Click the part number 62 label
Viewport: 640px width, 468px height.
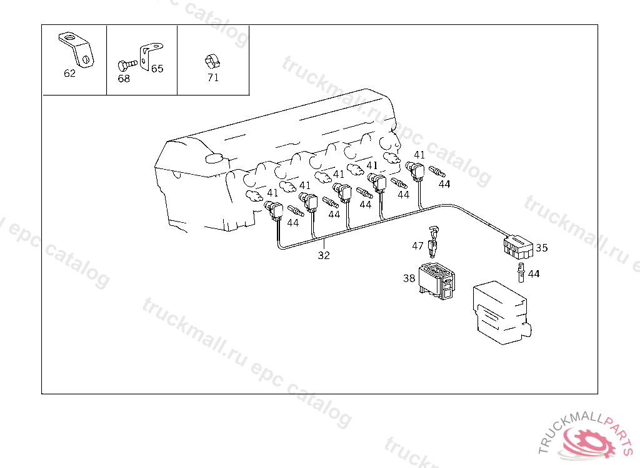pos(69,74)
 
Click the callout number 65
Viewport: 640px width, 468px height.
pos(157,69)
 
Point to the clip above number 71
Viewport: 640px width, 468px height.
pos(212,61)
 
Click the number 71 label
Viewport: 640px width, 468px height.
pos(213,78)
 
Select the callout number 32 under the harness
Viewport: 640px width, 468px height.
pos(324,255)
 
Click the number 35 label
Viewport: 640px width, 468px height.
pos(541,248)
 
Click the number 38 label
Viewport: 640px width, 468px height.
pos(409,278)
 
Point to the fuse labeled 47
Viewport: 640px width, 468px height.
pos(433,242)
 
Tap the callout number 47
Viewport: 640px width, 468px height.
pos(417,246)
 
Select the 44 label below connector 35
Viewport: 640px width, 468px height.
pos(534,274)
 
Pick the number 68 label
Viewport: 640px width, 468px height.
pos(124,79)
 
